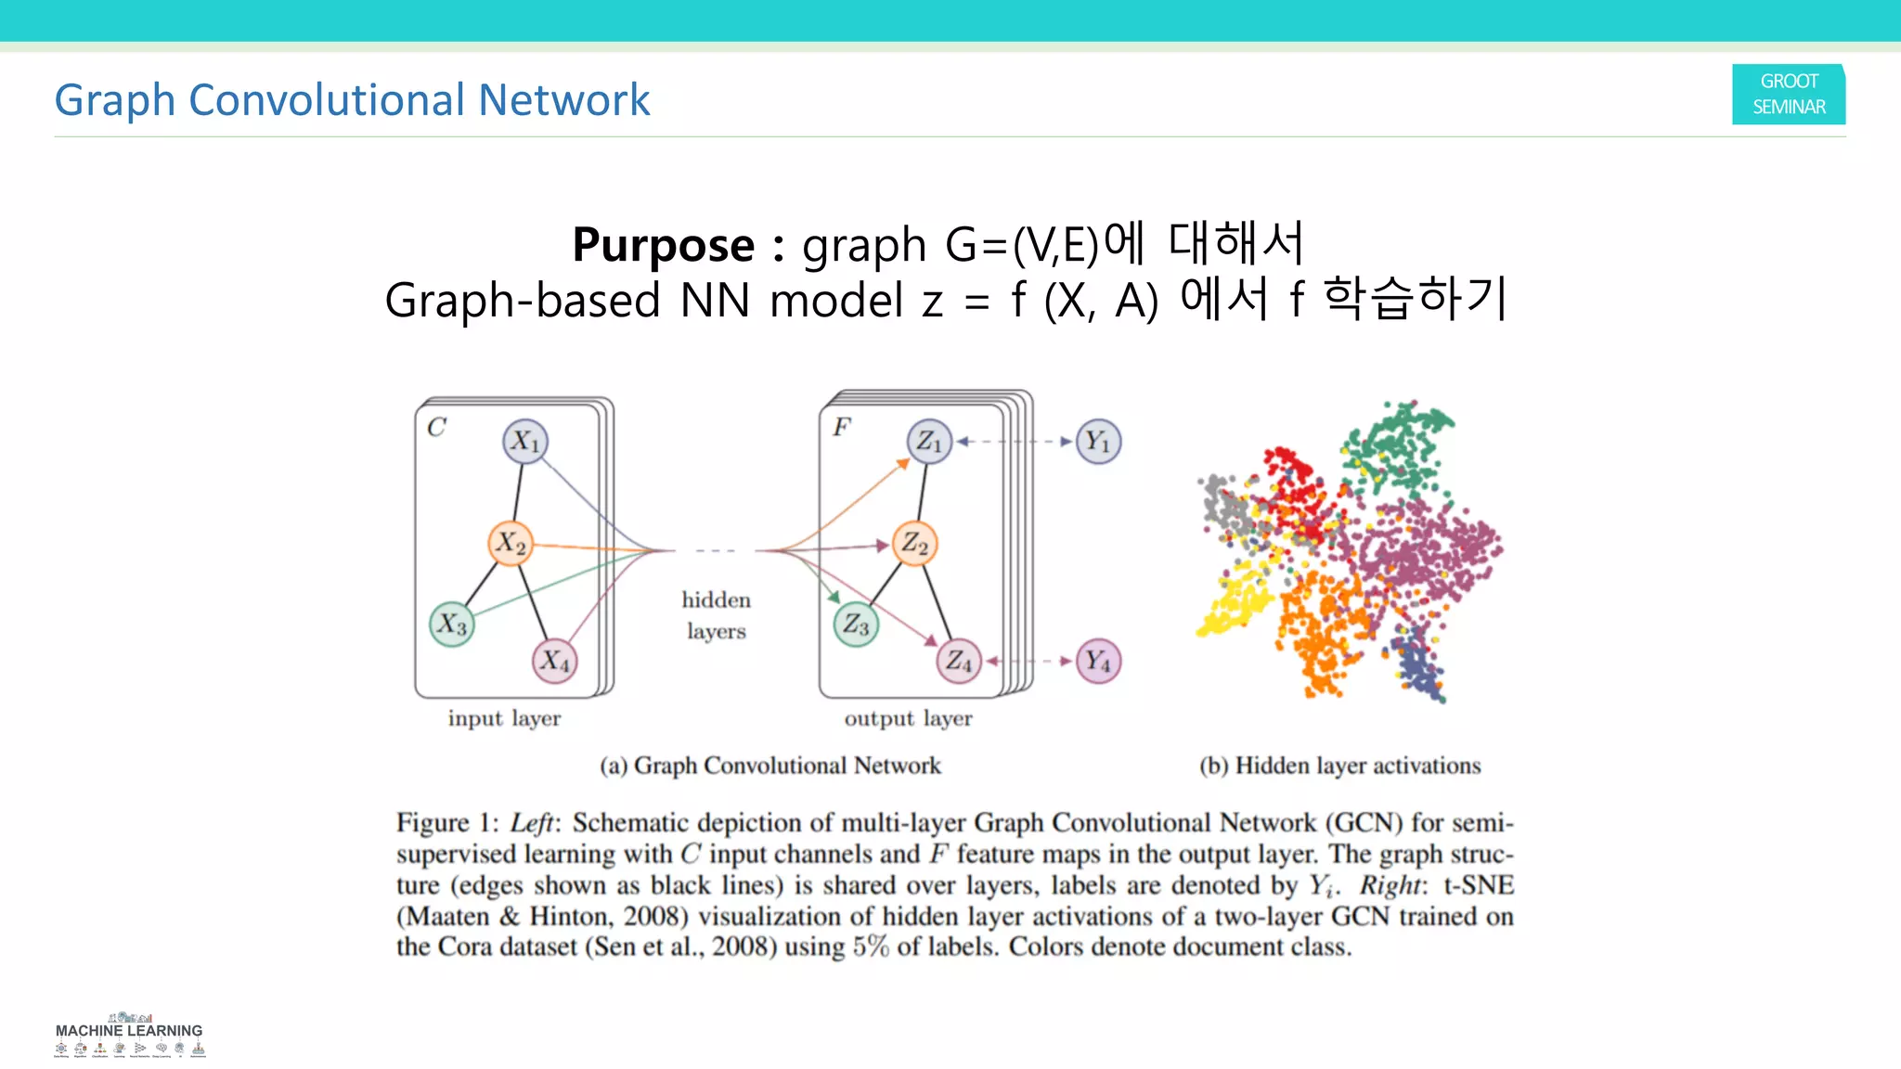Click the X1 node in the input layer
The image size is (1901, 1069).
point(525,441)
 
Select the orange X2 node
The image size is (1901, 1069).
point(511,544)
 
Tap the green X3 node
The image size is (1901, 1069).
point(452,624)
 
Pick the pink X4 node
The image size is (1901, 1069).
point(555,661)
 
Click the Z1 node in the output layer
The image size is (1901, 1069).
point(929,441)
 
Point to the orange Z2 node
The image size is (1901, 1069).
point(914,544)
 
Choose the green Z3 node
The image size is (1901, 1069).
point(856,625)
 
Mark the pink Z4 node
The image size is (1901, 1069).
point(959,661)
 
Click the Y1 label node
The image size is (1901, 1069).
point(1098,442)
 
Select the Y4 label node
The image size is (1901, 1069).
point(1098,661)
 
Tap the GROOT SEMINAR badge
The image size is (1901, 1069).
point(1788,95)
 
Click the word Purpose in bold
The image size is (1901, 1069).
point(663,245)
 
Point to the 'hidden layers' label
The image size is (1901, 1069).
point(716,615)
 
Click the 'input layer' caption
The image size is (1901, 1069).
point(504,718)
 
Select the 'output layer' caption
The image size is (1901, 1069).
point(908,718)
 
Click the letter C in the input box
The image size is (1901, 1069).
point(436,427)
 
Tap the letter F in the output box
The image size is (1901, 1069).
point(841,427)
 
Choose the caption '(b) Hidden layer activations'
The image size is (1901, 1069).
point(1339,766)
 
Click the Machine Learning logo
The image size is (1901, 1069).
point(129,1036)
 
